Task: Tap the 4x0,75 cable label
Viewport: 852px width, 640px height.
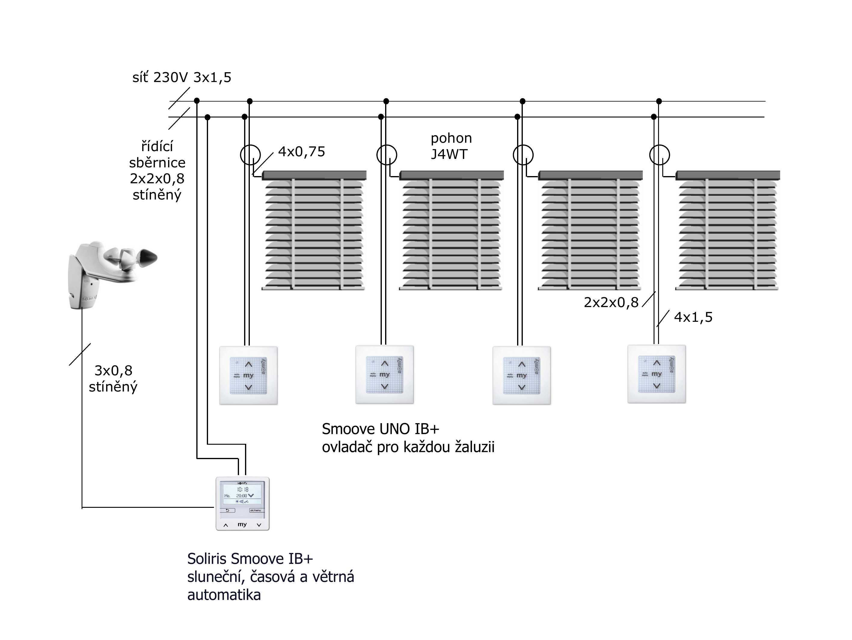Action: tap(302, 152)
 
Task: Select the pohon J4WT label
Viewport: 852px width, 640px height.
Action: tap(451, 146)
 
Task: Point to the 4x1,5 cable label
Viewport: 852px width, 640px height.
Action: tap(693, 317)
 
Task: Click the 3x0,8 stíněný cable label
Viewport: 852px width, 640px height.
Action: tap(113, 379)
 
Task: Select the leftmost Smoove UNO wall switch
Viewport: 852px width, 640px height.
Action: tap(248, 376)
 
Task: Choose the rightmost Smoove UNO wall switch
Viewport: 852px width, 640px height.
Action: tap(657, 374)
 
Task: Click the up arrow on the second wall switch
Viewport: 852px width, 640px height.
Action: tap(385, 363)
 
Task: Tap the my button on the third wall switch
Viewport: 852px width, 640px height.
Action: tap(522, 375)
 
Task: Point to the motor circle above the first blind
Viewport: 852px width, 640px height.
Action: tap(250, 155)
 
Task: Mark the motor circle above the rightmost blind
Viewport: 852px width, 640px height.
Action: tap(659, 155)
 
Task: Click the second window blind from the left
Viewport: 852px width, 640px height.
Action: tap(452, 231)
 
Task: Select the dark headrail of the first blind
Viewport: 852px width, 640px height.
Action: tap(314, 175)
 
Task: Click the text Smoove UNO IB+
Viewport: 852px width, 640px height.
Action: tap(381, 429)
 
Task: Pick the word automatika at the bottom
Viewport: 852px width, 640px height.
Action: tap(224, 595)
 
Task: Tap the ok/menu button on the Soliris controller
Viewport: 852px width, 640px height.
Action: tap(255, 510)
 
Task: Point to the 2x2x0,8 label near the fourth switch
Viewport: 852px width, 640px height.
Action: tap(611, 303)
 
